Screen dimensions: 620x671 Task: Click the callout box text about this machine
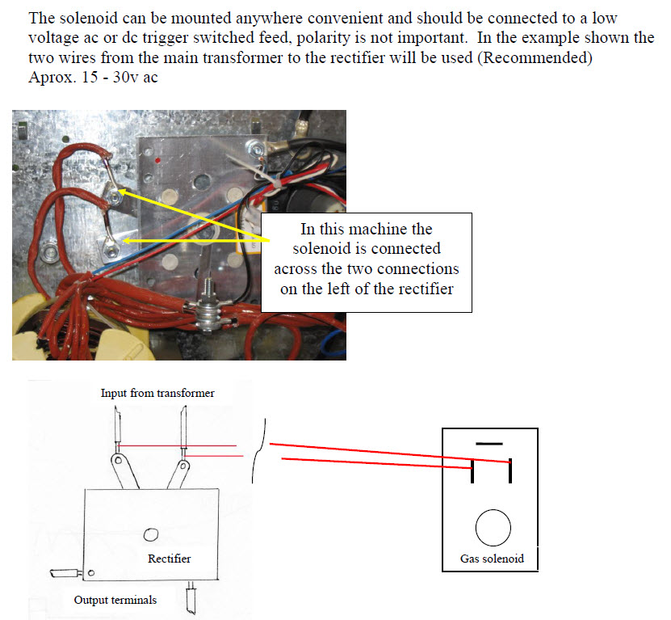(x=366, y=259)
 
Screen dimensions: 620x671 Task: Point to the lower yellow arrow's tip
(x=124, y=240)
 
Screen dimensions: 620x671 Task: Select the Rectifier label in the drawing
(x=170, y=559)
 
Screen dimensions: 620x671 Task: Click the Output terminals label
(x=115, y=600)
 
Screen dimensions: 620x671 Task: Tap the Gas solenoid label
(x=492, y=559)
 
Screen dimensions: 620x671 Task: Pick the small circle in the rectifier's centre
(x=150, y=534)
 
